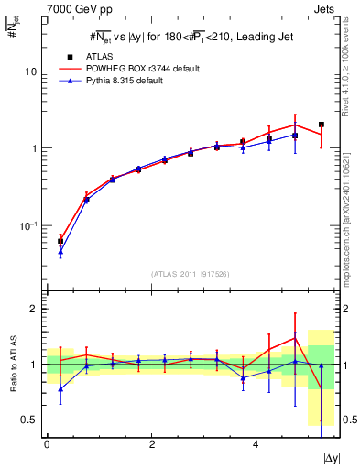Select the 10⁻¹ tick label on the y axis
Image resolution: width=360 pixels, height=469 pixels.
[x=28, y=225]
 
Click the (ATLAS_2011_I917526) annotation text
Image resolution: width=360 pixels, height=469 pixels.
[x=191, y=274]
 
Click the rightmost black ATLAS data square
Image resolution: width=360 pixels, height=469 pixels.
[x=322, y=125]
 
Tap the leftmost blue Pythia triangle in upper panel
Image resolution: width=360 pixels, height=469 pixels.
[x=60, y=251]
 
